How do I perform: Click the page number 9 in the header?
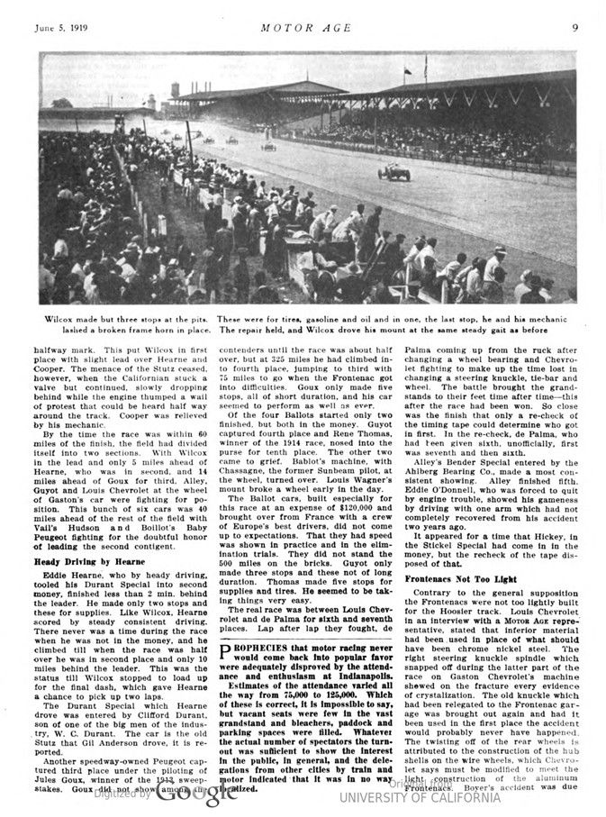pyautogui.click(x=574, y=27)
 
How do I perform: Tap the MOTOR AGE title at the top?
pyautogui.click(x=303, y=27)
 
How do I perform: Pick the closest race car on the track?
pyautogui.click(x=393, y=172)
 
